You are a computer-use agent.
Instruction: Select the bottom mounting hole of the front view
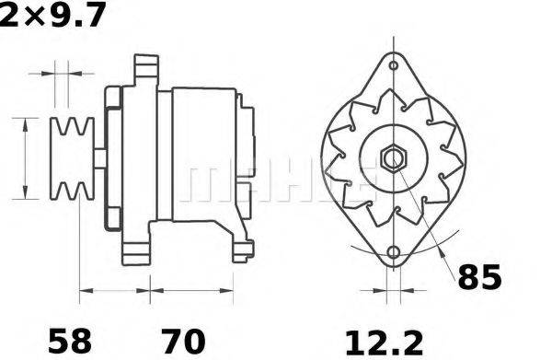[394, 252]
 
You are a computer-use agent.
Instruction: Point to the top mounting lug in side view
[143, 70]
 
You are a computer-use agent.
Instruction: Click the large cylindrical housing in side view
[198, 154]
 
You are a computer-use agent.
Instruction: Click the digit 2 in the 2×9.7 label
[8, 15]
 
